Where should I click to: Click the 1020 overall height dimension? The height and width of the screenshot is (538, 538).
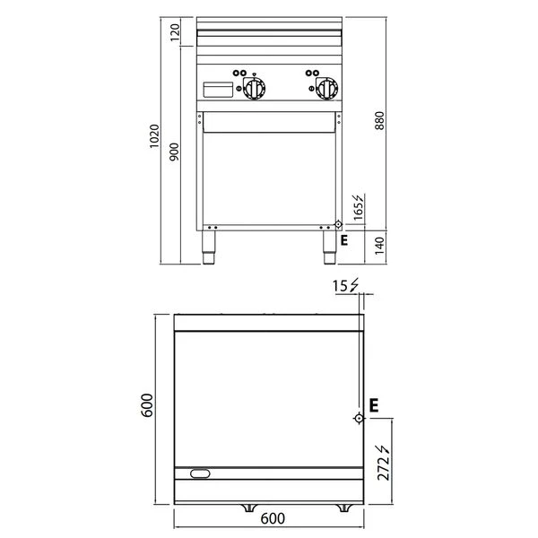point(154,136)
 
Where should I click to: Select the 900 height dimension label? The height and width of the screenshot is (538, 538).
point(174,152)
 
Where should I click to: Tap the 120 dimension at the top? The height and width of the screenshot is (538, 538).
point(175,32)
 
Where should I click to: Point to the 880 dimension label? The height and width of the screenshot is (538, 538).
point(379,120)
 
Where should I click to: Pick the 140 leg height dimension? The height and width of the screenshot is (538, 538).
point(379,246)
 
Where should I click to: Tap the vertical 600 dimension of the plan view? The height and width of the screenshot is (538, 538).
point(147,405)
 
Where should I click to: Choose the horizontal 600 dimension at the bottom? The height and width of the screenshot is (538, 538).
point(273,518)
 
